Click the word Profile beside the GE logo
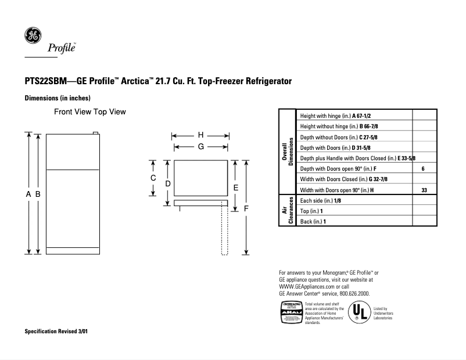(x=62, y=49)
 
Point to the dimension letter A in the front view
(x=28, y=195)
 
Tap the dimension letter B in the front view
(x=38, y=195)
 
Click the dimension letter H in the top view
(x=200, y=135)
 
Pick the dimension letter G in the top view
(x=200, y=147)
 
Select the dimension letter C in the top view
(x=153, y=178)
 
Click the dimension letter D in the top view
(x=167, y=183)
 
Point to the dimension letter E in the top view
(x=235, y=188)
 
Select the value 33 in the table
(x=424, y=190)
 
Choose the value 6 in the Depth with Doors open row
(x=423, y=168)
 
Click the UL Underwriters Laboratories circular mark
(x=359, y=312)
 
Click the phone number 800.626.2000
(x=351, y=294)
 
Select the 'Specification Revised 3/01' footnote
(x=57, y=332)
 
